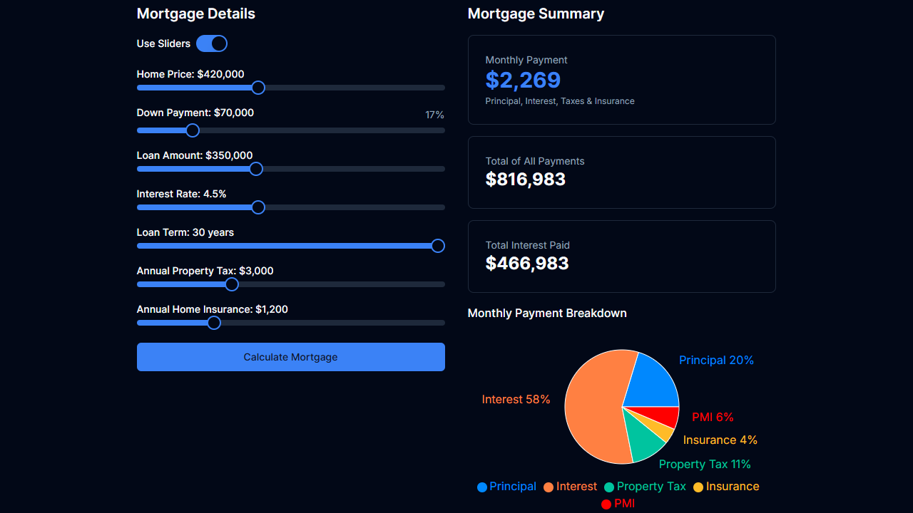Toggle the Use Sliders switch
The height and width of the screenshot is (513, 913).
(212, 43)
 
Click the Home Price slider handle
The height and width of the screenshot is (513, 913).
(258, 88)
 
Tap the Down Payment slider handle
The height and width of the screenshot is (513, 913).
(192, 130)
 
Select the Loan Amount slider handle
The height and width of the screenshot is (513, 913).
(256, 169)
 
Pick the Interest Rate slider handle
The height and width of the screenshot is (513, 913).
(258, 207)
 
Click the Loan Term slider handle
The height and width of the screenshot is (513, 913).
(438, 246)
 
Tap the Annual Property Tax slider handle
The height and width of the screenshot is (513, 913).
(231, 284)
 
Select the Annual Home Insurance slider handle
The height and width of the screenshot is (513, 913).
(214, 323)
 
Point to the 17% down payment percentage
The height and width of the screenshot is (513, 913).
(434, 115)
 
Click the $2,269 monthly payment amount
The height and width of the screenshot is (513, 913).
(523, 80)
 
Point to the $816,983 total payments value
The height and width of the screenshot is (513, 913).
(525, 180)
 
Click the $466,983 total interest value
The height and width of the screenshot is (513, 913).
(526, 264)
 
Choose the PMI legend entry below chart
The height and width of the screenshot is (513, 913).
(618, 504)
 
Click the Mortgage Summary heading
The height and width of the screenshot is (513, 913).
(536, 14)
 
